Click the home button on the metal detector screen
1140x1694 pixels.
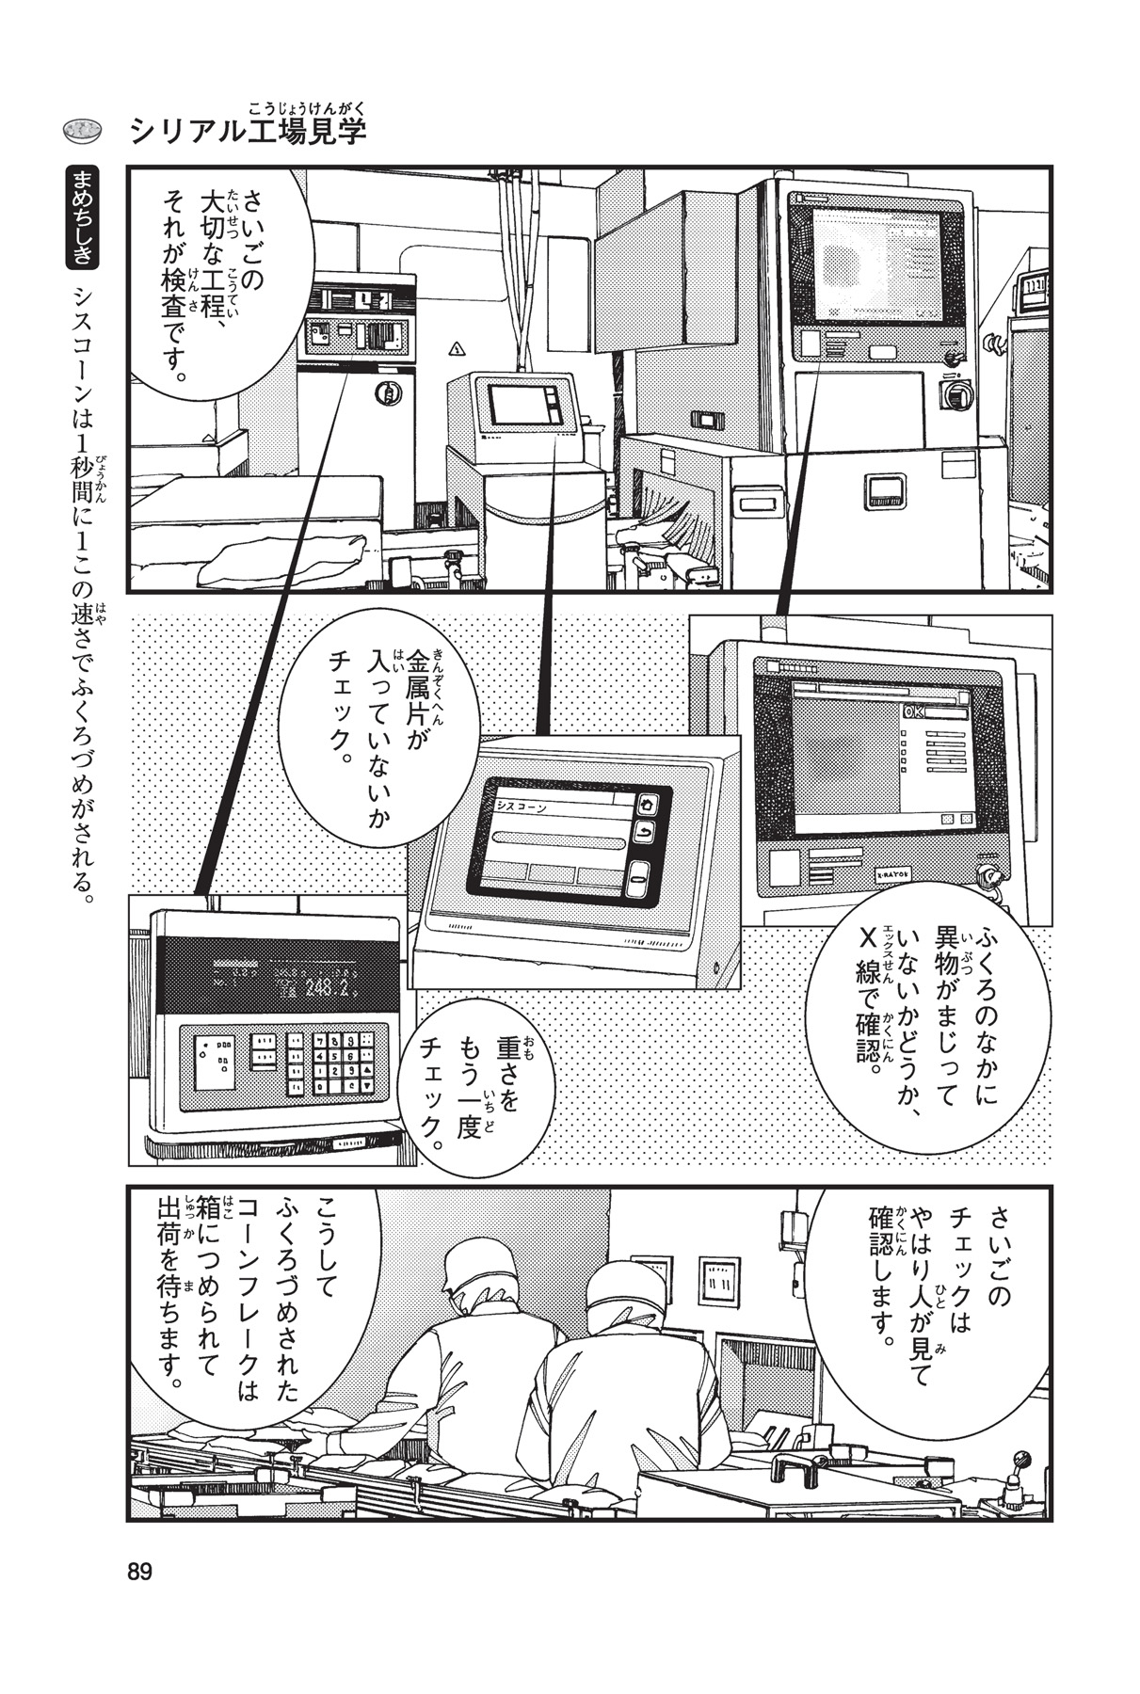tap(646, 805)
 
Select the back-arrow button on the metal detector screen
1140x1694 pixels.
tap(646, 832)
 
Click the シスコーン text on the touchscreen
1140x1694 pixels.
tap(521, 807)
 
